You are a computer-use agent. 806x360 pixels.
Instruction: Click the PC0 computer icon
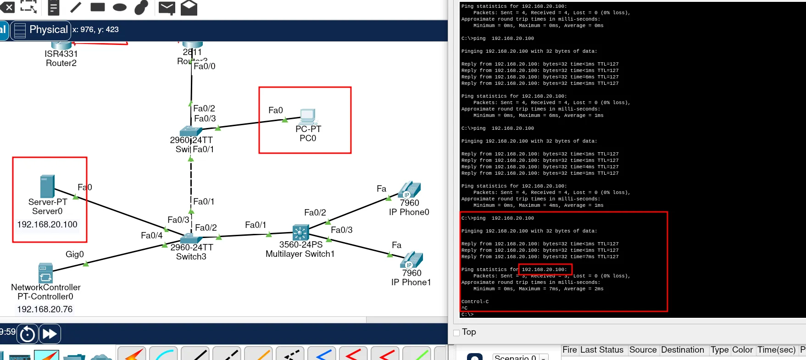pyautogui.click(x=308, y=117)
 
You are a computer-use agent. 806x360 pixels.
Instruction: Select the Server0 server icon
pyautogui.click(x=47, y=186)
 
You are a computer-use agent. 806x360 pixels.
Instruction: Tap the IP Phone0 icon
pyautogui.click(x=410, y=189)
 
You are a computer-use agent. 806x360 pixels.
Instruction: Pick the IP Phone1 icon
pyautogui.click(x=412, y=260)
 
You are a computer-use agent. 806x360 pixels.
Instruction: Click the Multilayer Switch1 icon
pyautogui.click(x=300, y=233)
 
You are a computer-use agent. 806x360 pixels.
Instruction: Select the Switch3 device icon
pyautogui.click(x=191, y=238)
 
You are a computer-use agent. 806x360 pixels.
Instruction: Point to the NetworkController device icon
pyautogui.click(x=45, y=273)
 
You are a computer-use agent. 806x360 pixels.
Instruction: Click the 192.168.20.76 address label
pyautogui.click(x=45, y=310)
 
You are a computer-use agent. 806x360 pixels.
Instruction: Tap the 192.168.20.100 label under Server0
pyautogui.click(x=47, y=225)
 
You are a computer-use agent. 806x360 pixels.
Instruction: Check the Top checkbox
pyautogui.click(x=456, y=333)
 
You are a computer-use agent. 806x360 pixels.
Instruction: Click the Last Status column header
pyautogui.click(x=601, y=350)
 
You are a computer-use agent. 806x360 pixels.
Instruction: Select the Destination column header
pyautogui.click(x=682, y=350)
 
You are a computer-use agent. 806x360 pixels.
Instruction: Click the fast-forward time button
pyautogui.click(x=50, y=334)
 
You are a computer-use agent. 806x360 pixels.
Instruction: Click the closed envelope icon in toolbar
pyautogui.click(x=167, y=7)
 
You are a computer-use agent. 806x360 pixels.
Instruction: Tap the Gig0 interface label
pyautogui.click(x=75, y=255)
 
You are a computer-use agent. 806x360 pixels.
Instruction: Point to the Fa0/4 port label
pyautogui.click(x=151, y=236)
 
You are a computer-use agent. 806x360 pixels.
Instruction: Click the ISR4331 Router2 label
pyautogui.click(x=61, y=59)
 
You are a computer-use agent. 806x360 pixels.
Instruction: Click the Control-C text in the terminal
pyautogui.click(x=475, y=302)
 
